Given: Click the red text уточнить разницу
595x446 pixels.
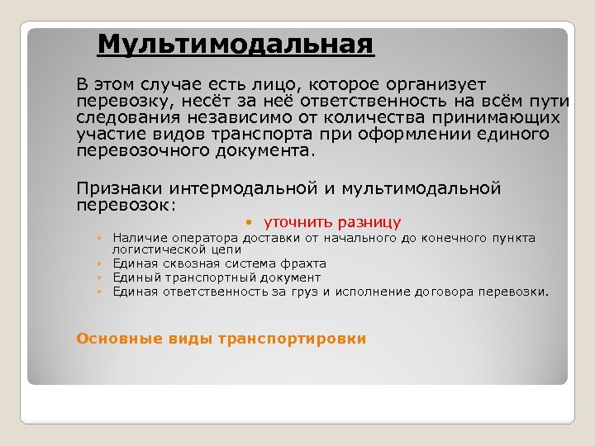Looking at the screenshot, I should [332, 222].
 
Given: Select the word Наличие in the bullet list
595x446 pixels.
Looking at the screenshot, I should [137, 238].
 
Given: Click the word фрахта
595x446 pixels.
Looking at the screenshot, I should [302, 263].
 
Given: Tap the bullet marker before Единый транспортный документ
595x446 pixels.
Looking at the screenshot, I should [98, 278].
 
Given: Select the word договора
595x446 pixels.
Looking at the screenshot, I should [451, 292].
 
